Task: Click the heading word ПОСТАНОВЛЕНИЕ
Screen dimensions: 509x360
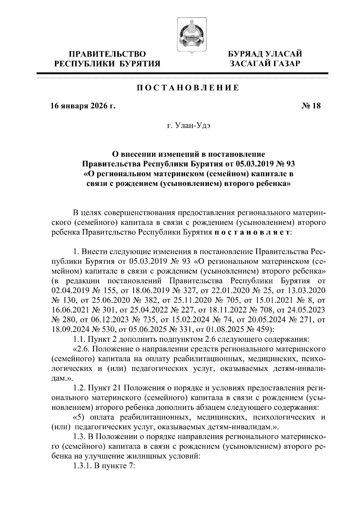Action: point(188,88)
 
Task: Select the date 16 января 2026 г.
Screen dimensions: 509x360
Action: point(83,106)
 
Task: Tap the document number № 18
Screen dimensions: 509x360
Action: point(311,106)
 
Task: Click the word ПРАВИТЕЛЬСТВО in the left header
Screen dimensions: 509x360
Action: point(107,54)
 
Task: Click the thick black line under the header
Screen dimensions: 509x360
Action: point(182,73)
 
